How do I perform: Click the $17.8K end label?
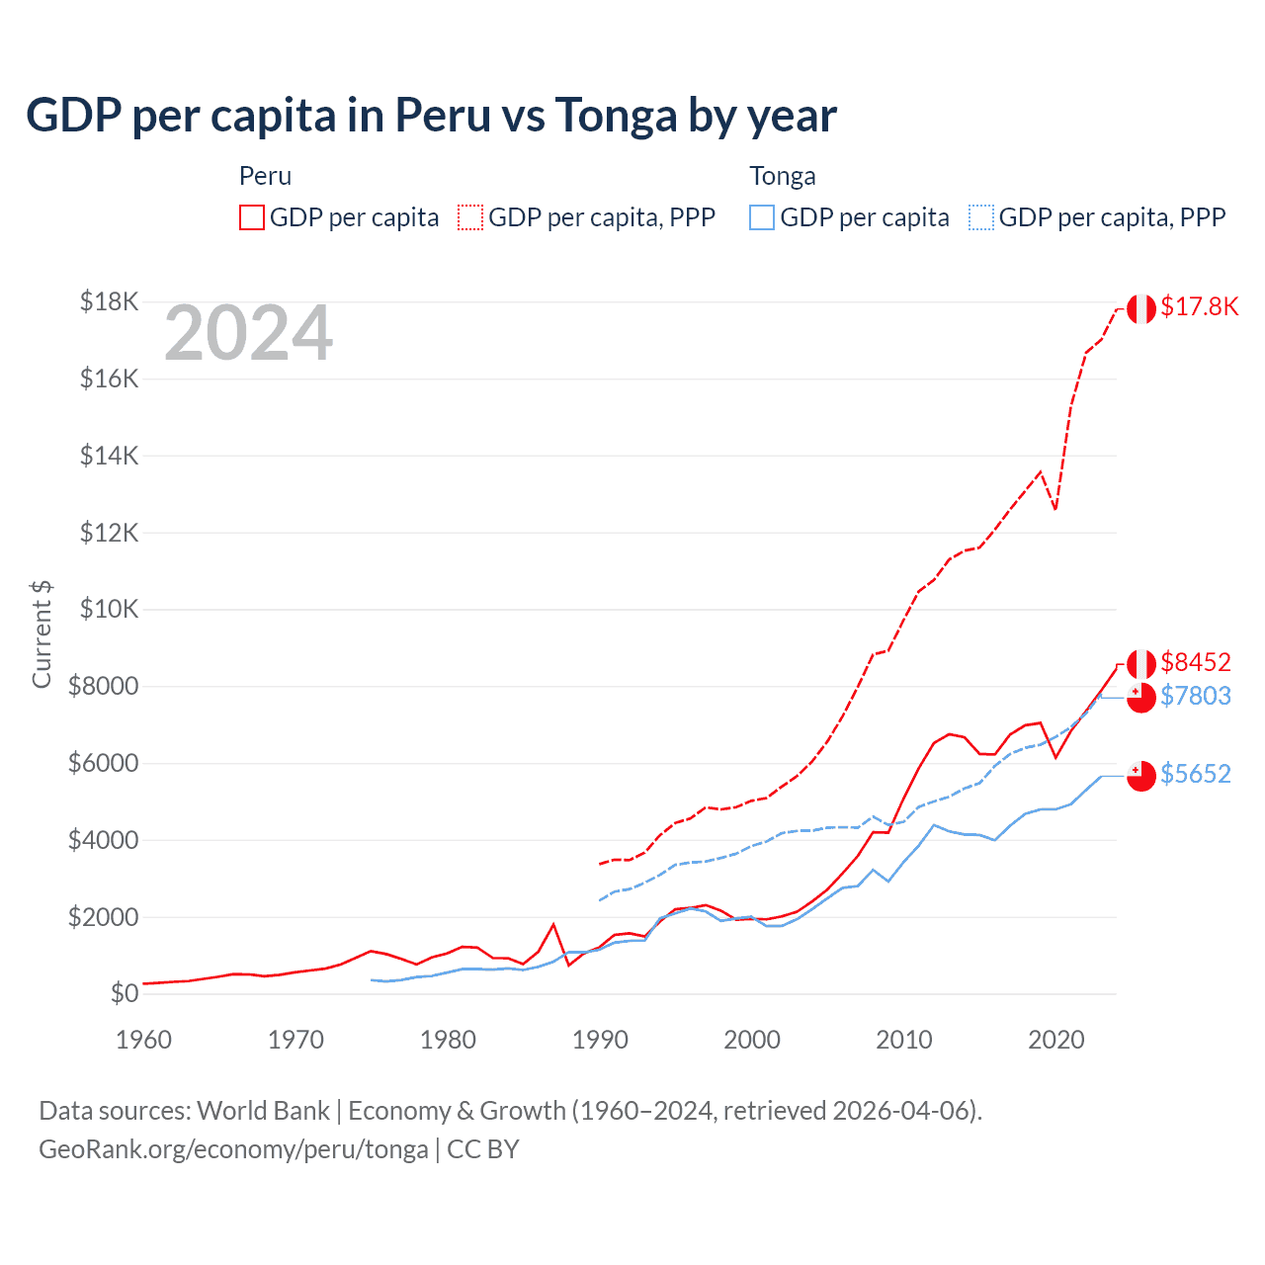click(1199, 306)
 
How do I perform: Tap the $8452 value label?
click(1196, 662)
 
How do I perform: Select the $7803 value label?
click(1196, 697)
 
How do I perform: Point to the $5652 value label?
click(1196, 774)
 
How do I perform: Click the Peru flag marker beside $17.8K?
click(1141, 308)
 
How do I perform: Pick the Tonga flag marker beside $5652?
click(1141, 776)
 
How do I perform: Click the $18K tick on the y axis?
click(109, 301)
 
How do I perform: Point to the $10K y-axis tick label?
click(109, 609)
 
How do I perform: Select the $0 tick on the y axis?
click(125, 993)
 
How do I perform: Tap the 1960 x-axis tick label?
click(144, 1040)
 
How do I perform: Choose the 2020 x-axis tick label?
click(1056, 1040)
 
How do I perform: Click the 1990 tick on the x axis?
click(600, 1040)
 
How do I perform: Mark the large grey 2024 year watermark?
click(249, 334)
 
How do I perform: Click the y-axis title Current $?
click(42, 633)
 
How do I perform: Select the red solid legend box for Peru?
click(252, 217)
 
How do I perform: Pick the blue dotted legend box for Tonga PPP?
click(981, 217)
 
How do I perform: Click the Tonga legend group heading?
click(783, 176)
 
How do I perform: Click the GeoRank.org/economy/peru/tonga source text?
click(233, 1149)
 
